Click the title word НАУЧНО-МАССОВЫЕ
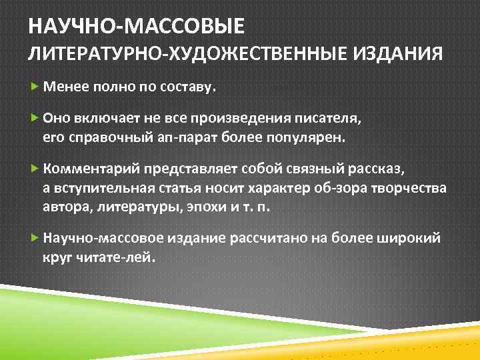[136, 27]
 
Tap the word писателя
[337, 119]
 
